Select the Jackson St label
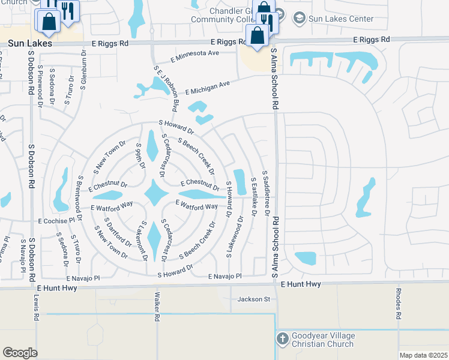[x=255, y=299]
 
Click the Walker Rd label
[x=157, y=307]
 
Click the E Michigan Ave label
[x=208, y=88]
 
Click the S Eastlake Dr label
[x=254, y=196]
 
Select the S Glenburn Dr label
[x=84, y=73]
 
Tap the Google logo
[x=20, y=352]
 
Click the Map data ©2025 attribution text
[x=423, y=355]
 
